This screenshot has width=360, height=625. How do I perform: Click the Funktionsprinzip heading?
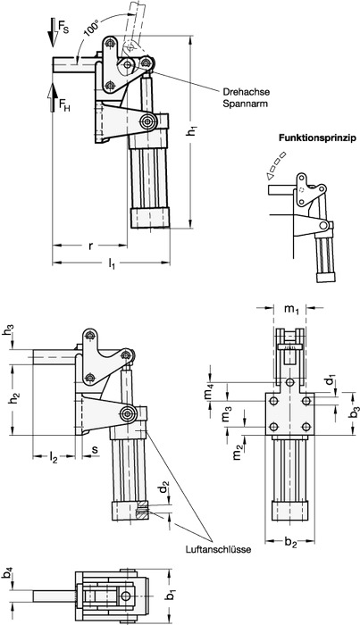[x=317, y=138]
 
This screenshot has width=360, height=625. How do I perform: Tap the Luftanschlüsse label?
[x=218, y=550]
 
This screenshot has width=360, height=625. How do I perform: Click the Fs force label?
[x=63, y=26]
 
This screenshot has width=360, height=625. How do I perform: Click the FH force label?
[x=64, y=105]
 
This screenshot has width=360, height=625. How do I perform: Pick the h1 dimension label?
[x=193, y=130]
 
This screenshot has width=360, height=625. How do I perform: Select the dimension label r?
[x=90, y=246]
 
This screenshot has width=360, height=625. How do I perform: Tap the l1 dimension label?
[x=112, y=264]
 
